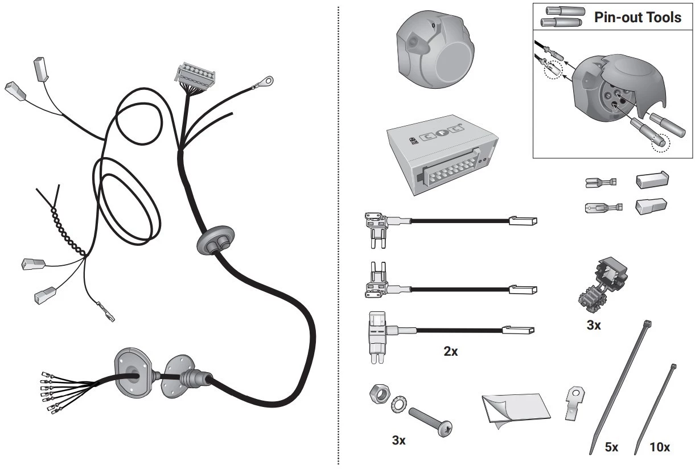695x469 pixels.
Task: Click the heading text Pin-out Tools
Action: click(x=638, y=18)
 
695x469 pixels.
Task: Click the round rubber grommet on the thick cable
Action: click(x=216, y=240)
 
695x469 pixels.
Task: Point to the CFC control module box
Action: click(x=442, y=154)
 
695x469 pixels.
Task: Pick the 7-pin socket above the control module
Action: click(x=435, y=49)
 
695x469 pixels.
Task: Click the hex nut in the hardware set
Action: click(x=380, y=394)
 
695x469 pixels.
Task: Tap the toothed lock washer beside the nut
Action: click(x=400, y=404)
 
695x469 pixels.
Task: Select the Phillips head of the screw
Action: click(x=444, y=429)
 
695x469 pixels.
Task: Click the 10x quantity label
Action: click(x=660, y=447)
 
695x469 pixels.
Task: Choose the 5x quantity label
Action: click(x=611, y=447)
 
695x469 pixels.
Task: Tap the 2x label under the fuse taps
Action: click(x=450, y=351)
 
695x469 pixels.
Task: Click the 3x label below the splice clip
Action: click(x=594, y=325)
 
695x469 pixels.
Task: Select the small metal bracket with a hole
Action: click(x=575, y=403)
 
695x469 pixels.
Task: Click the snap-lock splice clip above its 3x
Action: click(x=602, y=285)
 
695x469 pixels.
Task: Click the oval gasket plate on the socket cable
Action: click(x=133, y=373)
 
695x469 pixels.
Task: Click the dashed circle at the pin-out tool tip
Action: click(x=661, y=143)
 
